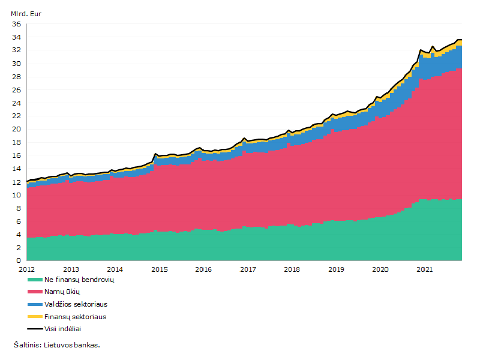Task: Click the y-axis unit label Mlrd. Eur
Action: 26,14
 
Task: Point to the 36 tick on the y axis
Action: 17,24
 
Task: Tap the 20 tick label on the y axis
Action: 17,129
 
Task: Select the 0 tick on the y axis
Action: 19,260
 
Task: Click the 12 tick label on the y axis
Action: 17,182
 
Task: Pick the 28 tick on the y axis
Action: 17,77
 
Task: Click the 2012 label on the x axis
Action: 26,269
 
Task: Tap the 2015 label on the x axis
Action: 160,269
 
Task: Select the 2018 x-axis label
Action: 292,269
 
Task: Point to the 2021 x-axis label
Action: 425,269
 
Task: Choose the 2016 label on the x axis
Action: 203,269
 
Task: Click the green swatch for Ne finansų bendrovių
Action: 35,280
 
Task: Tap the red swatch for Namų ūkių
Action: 35,292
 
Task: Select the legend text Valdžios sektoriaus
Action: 76,304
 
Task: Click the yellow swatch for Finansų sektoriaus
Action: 35,317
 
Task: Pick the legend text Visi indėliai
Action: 63,329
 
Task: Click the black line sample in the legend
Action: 35,329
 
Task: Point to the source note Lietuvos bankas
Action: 72,345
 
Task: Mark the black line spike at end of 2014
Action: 155,154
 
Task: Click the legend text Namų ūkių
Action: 62,292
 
